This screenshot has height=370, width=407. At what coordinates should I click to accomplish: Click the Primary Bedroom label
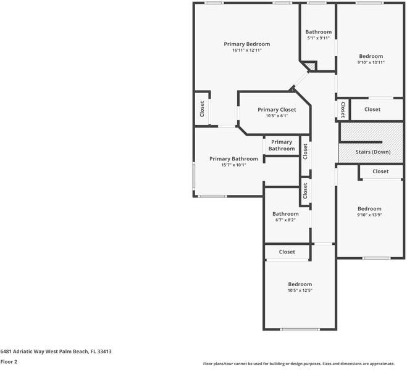tap(247, 44)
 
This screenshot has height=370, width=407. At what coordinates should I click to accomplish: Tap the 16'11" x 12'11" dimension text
tap(247, 51)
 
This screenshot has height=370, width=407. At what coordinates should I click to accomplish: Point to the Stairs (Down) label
tap(372, 152)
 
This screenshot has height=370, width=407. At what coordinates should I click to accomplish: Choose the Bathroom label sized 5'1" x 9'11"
tap(318, 32)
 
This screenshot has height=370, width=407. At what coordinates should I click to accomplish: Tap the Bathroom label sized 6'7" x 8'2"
tap(285, 214)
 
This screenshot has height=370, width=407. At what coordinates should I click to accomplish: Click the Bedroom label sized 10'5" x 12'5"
tap(300, 284)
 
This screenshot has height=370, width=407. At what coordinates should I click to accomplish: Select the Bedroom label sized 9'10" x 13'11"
tap(371, 56)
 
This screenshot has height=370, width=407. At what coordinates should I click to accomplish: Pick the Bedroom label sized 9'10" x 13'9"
tap(369, 208)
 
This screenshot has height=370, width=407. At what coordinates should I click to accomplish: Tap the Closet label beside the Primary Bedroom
tap(202, 109)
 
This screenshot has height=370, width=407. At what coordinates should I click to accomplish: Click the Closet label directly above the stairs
tap(372, 109)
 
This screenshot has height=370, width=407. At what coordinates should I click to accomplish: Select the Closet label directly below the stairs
tap(380, 171)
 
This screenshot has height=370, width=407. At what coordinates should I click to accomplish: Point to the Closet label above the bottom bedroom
tap(287, 252)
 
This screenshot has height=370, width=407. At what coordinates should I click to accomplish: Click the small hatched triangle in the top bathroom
tap(313, 65)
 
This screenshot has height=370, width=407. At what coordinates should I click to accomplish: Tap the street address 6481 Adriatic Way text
tap(56, 351)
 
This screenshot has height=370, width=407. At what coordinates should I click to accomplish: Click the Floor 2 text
tap(9, 362)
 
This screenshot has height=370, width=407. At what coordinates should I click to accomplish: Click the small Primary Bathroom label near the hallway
tap(282, 146)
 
